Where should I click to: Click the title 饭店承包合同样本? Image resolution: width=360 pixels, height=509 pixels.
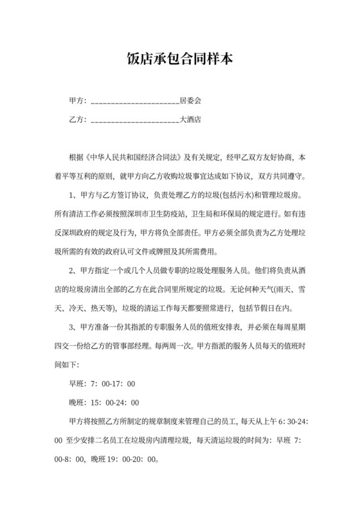point(179,60)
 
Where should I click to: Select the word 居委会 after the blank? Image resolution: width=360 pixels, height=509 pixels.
point(190,101)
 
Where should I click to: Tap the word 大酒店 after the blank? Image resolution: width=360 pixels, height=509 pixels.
point(190,120)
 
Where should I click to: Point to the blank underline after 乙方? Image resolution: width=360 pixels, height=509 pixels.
point(135,120)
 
